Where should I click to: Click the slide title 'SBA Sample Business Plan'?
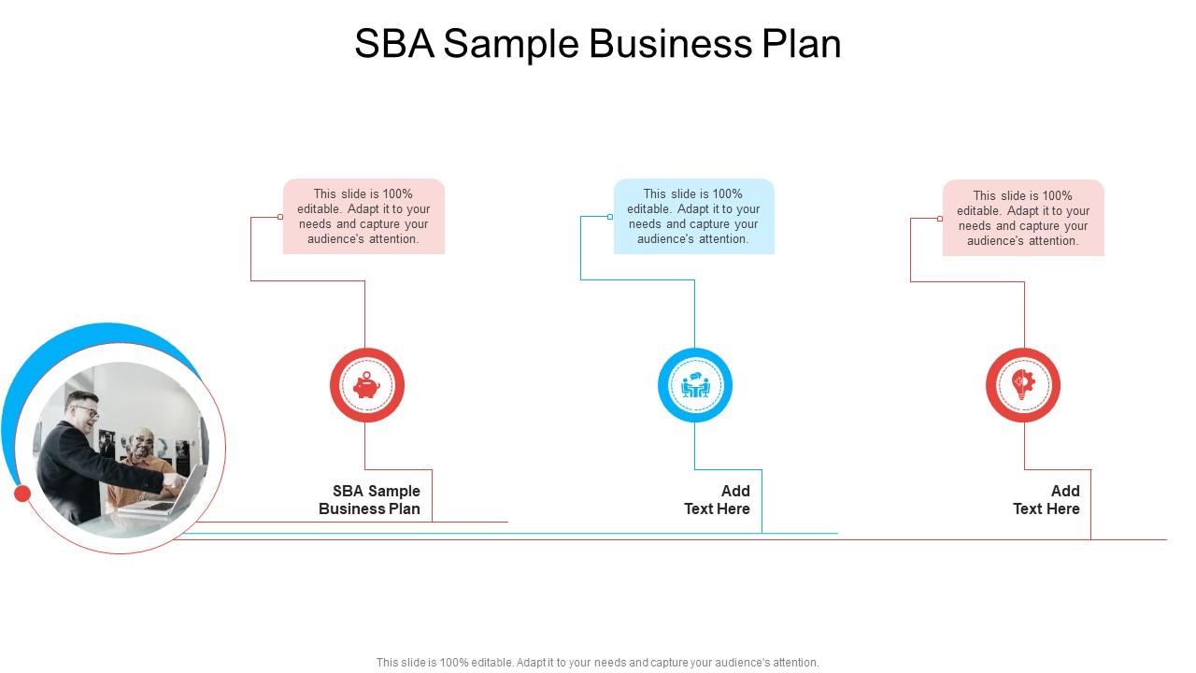pos(597,44)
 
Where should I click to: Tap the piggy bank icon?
pos(366,385)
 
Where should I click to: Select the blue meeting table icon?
pos(695,385)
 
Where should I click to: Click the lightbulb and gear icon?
pos(1023,384)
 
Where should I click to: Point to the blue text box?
pos(693,216)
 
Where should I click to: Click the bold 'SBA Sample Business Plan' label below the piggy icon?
pos(369,500)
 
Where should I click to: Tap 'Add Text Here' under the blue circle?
pos(717,500)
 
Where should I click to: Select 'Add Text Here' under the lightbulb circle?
pos(1046,500)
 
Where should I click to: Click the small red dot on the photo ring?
pos(21,494)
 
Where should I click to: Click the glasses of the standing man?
pos(87,410)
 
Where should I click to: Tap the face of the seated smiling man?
pos(143,445)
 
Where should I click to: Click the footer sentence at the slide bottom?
pos(597,663)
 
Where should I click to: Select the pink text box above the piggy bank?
pos(363,216)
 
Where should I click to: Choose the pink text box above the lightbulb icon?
pos(1023,218)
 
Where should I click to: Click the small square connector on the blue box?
pos(610,217)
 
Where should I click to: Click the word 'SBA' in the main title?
pos(394,43)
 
